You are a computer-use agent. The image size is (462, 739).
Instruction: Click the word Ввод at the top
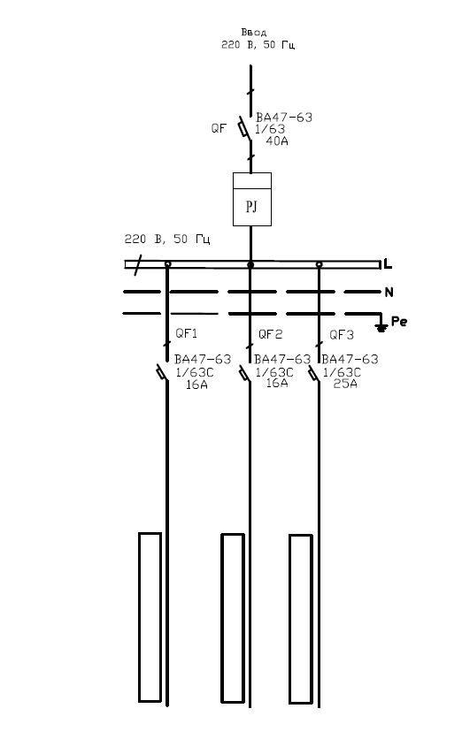pyautogui.click(x=254, y=32)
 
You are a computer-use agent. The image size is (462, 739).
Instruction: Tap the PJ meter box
pyautogui.click(x=252, y=200)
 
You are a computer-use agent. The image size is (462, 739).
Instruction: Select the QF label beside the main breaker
pyautogui.click(x=219, y=128)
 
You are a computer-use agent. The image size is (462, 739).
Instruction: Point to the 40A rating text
pyautogui.click(x=277, y=141)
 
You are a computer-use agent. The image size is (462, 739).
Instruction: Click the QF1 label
pyautogui.click(x=187, y=333)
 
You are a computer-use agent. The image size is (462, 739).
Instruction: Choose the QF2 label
pyautogui.click(x=271, y=334)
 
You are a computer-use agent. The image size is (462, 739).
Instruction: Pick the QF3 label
pyautogui.click(x=342, y=335)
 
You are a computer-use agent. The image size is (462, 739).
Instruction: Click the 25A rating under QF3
pyautogui.click(x=345, y=384)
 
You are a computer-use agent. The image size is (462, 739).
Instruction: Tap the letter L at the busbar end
pyautogui.click(x=388, y=264)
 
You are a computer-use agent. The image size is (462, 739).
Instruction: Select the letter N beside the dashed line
pyautogui.click(x=389, y=293)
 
